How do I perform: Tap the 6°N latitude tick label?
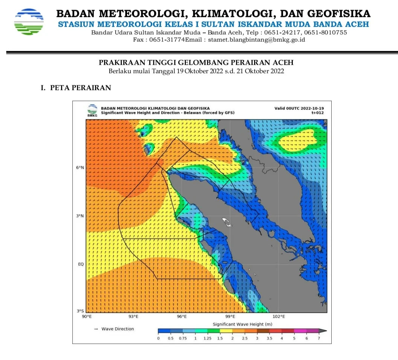click(x=80, y=168)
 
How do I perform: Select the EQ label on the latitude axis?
click(x=81, y=264)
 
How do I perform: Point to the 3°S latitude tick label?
click(x=80, y=311)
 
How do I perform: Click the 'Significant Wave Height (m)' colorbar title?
click(x=242, y=324)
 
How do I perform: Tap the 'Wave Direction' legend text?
click(x=118, y=329)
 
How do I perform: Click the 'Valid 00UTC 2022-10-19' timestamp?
click(x=299, y=108)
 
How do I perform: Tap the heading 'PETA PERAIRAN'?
click(x=80, y=88)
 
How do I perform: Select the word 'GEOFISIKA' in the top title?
click(x=339, y=14)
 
